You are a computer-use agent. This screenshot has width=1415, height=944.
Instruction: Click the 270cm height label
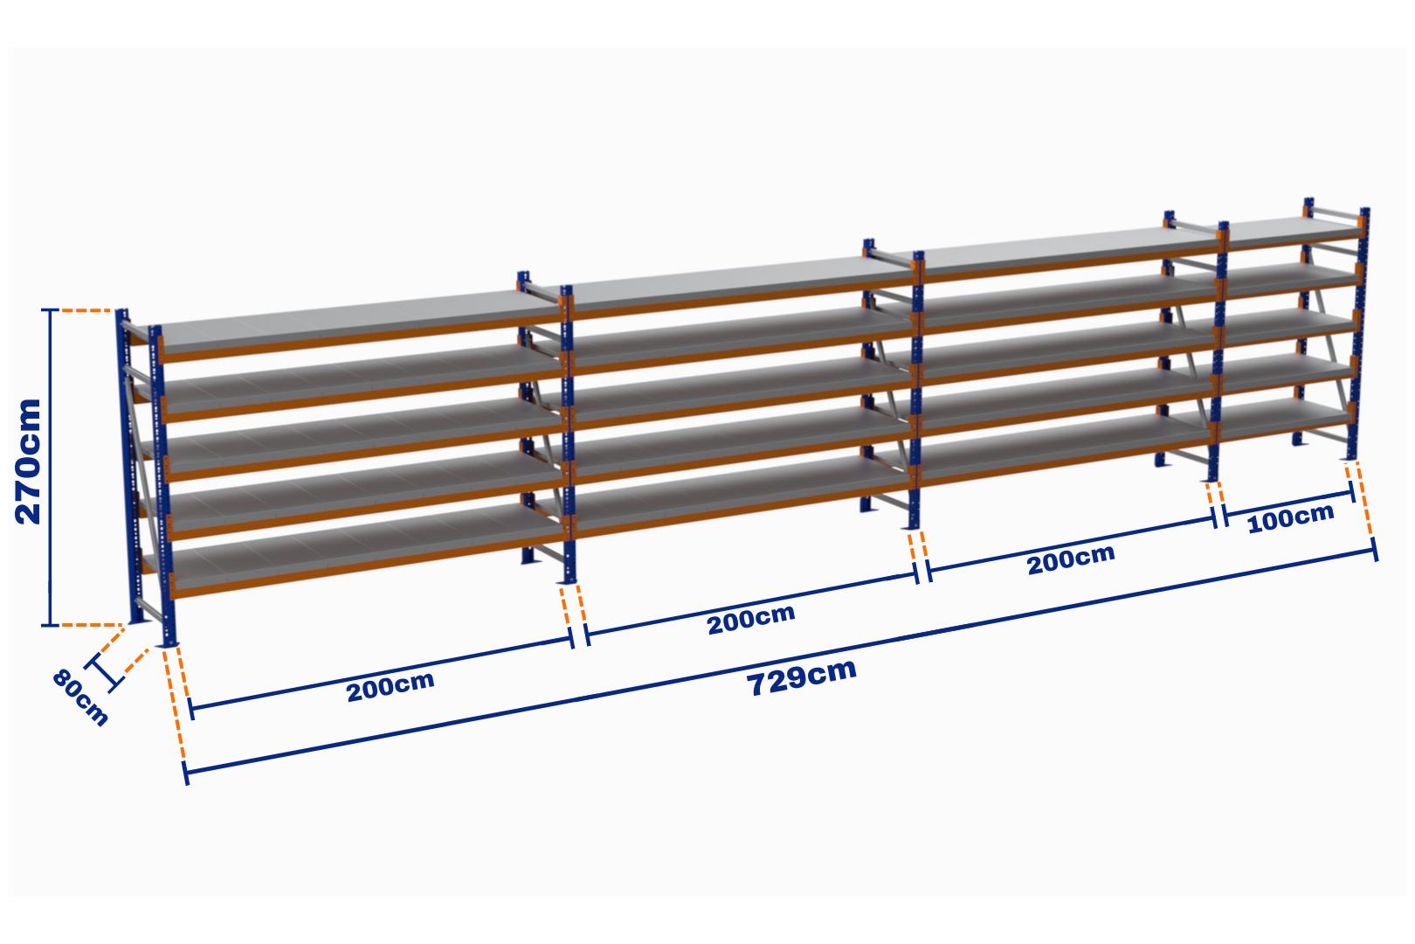click(29, 462)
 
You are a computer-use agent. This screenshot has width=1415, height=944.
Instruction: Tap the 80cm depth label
click(79, 697)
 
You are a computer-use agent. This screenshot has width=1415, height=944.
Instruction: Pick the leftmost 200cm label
click(390, 687)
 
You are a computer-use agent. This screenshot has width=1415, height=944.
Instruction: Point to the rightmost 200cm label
click(1070, 559)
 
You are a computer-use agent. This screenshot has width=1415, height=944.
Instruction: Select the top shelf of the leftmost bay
click(349, 323)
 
